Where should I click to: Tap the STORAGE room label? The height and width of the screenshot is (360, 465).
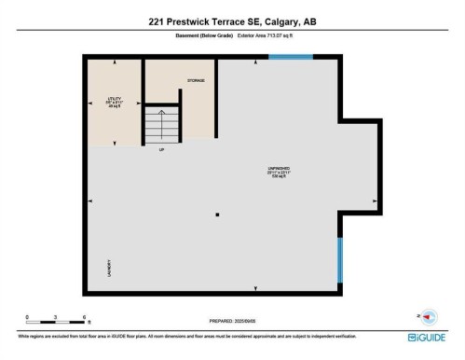194,81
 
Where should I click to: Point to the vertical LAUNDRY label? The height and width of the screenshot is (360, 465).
109,269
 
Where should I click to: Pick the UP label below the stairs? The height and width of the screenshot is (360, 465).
162,149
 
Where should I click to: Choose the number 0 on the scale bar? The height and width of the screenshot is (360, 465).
28,317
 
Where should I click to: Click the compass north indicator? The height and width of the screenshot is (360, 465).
430,317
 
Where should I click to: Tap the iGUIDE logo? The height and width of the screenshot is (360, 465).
428,337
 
